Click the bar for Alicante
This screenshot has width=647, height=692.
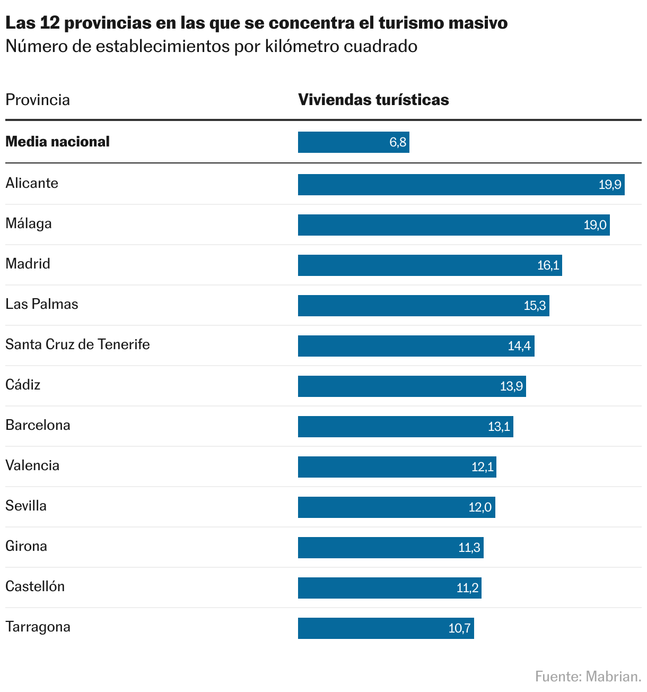[x=461, y=185]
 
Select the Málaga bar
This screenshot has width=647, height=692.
[x=453, y=225]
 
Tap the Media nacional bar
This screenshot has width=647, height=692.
[x=353, y=142]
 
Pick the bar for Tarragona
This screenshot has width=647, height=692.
[x=386, y=628]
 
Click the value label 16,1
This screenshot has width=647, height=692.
[x=548, y=265]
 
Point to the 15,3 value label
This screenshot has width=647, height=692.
[x=535, y=306]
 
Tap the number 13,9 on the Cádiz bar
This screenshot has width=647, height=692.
[x=511, y=386]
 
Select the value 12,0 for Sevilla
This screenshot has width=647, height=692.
[x=480, y=507]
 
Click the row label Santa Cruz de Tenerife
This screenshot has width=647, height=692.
[x=77, y=344]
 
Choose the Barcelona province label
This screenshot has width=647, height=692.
[x=38, y=425]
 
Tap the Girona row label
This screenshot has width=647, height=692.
[x=26, y=546]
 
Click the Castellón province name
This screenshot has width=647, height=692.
[x=35, y=586]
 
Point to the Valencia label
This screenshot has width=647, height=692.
[x=32, y=465]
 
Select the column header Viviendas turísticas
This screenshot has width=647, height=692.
[x=373, y=100]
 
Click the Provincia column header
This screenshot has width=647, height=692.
[x=38, y=100]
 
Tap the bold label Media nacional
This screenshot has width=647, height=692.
[x=57, y=142]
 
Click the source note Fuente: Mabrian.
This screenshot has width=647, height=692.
[x=588, y=677]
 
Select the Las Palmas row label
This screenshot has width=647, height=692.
[x=42, y=304]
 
